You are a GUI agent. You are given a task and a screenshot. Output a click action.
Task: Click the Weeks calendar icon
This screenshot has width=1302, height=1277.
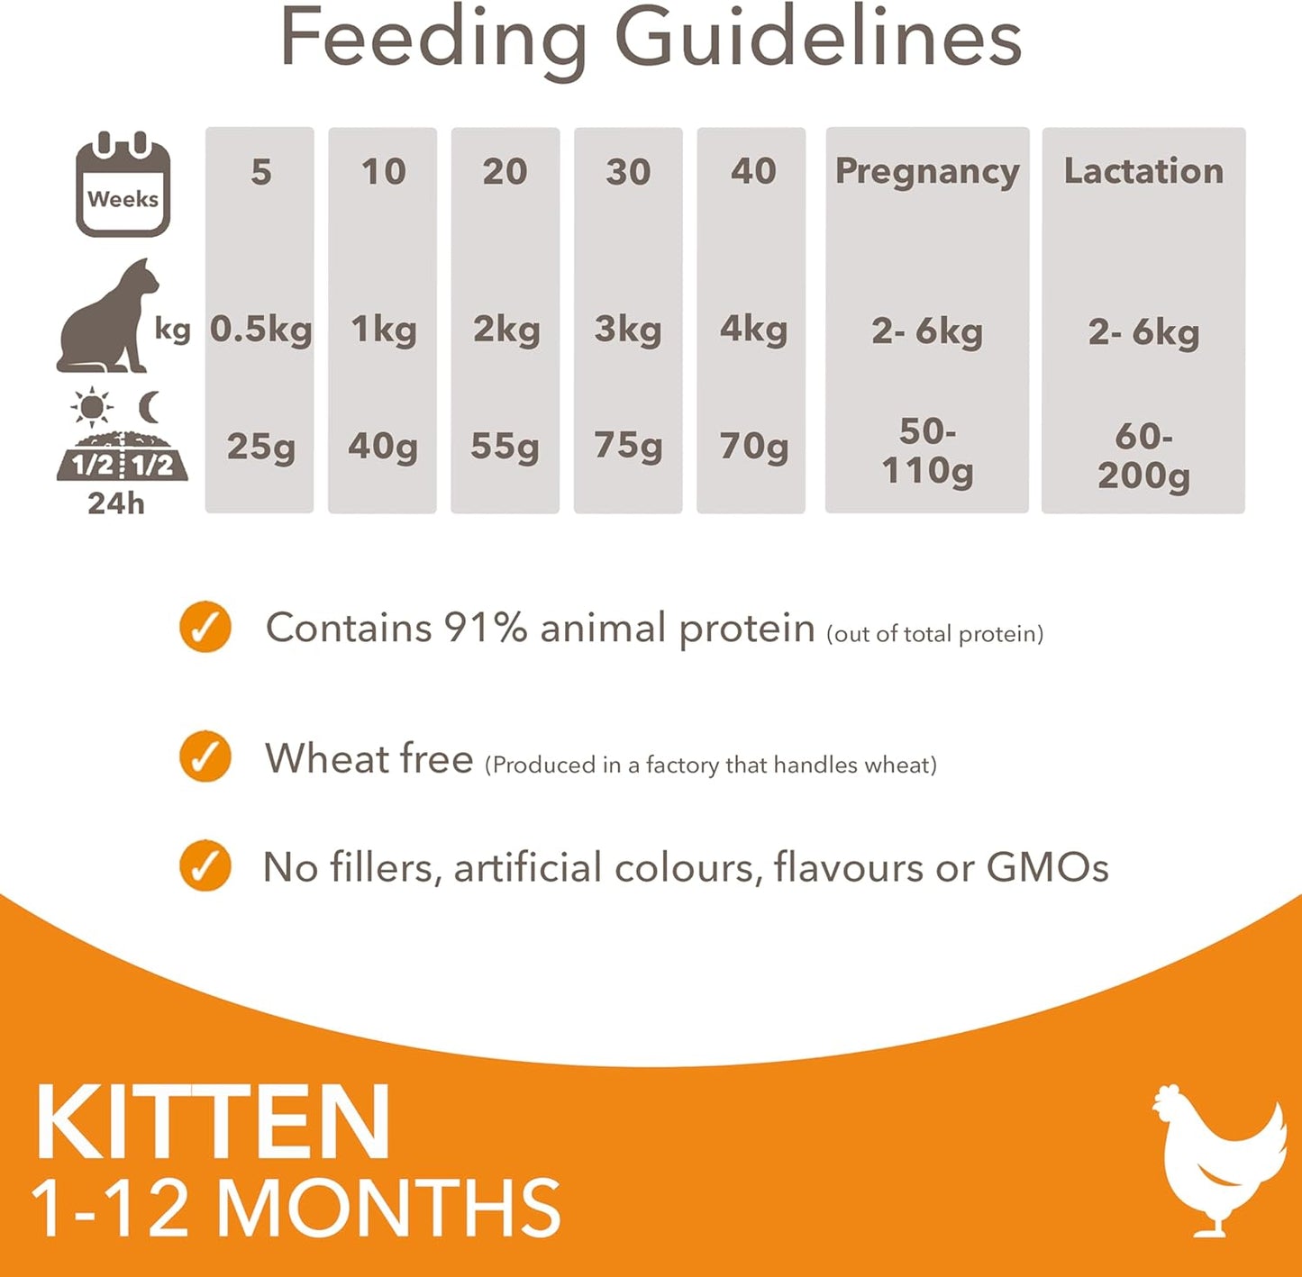pos(123,185)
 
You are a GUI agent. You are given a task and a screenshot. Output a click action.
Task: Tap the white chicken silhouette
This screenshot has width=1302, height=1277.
pos(1218,1156)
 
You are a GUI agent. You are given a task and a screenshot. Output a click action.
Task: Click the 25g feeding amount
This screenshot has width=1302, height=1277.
pos(260,446)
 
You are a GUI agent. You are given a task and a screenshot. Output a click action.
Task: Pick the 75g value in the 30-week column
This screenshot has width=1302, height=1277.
pos(628,445)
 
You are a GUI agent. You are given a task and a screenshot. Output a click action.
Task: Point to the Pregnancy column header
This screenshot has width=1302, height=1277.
pos(927,171)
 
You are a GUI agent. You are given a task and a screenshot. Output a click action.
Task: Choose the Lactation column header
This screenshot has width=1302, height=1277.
pos(1143,171)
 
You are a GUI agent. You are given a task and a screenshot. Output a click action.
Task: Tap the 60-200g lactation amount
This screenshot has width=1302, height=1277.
pos(1143,456)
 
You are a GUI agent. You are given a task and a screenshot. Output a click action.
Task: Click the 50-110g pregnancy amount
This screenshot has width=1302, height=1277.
pos(927,451)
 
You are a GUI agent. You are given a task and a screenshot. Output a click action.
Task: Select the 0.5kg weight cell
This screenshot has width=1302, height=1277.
pos(260,330)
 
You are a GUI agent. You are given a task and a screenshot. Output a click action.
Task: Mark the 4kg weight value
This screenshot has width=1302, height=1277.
pos(752,330)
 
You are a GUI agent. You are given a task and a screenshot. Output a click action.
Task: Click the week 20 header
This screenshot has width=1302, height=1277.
pos(505,171)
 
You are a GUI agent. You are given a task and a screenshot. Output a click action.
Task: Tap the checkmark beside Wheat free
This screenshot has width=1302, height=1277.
pos(205,756)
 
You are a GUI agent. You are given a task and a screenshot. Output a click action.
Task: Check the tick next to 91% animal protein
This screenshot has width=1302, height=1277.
pos(205,627)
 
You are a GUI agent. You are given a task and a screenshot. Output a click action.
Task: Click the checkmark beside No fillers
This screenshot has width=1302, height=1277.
pos(205,866)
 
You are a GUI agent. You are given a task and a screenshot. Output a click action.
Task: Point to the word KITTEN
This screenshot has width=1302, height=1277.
pos(213,1123)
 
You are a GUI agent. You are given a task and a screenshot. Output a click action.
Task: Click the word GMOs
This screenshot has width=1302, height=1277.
pos(1047,868)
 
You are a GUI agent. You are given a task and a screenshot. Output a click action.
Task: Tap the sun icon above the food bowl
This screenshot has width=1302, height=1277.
pos(92,408)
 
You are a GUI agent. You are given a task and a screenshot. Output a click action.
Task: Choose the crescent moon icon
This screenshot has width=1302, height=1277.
pos(150,407)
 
